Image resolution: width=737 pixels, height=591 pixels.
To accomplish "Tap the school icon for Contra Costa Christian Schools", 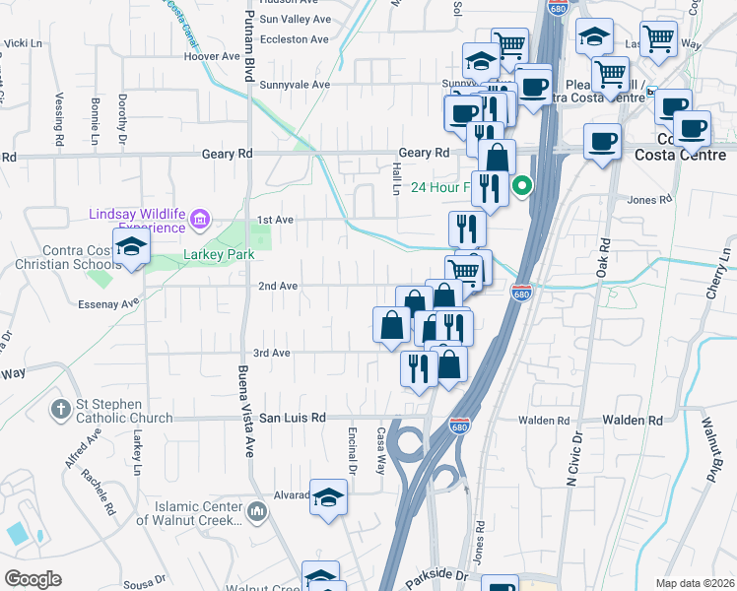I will (130, 248).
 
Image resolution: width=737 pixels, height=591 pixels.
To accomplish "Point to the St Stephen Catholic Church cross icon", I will (59, 408).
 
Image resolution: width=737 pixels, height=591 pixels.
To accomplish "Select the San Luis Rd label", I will (292, 418).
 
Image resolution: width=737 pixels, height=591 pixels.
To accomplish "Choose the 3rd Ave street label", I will (272, 353).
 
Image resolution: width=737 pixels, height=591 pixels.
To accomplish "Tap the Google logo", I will (33, 578).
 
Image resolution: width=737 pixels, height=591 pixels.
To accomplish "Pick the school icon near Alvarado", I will (329, 496).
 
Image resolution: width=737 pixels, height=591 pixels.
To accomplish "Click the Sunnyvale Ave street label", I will (295, 85).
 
